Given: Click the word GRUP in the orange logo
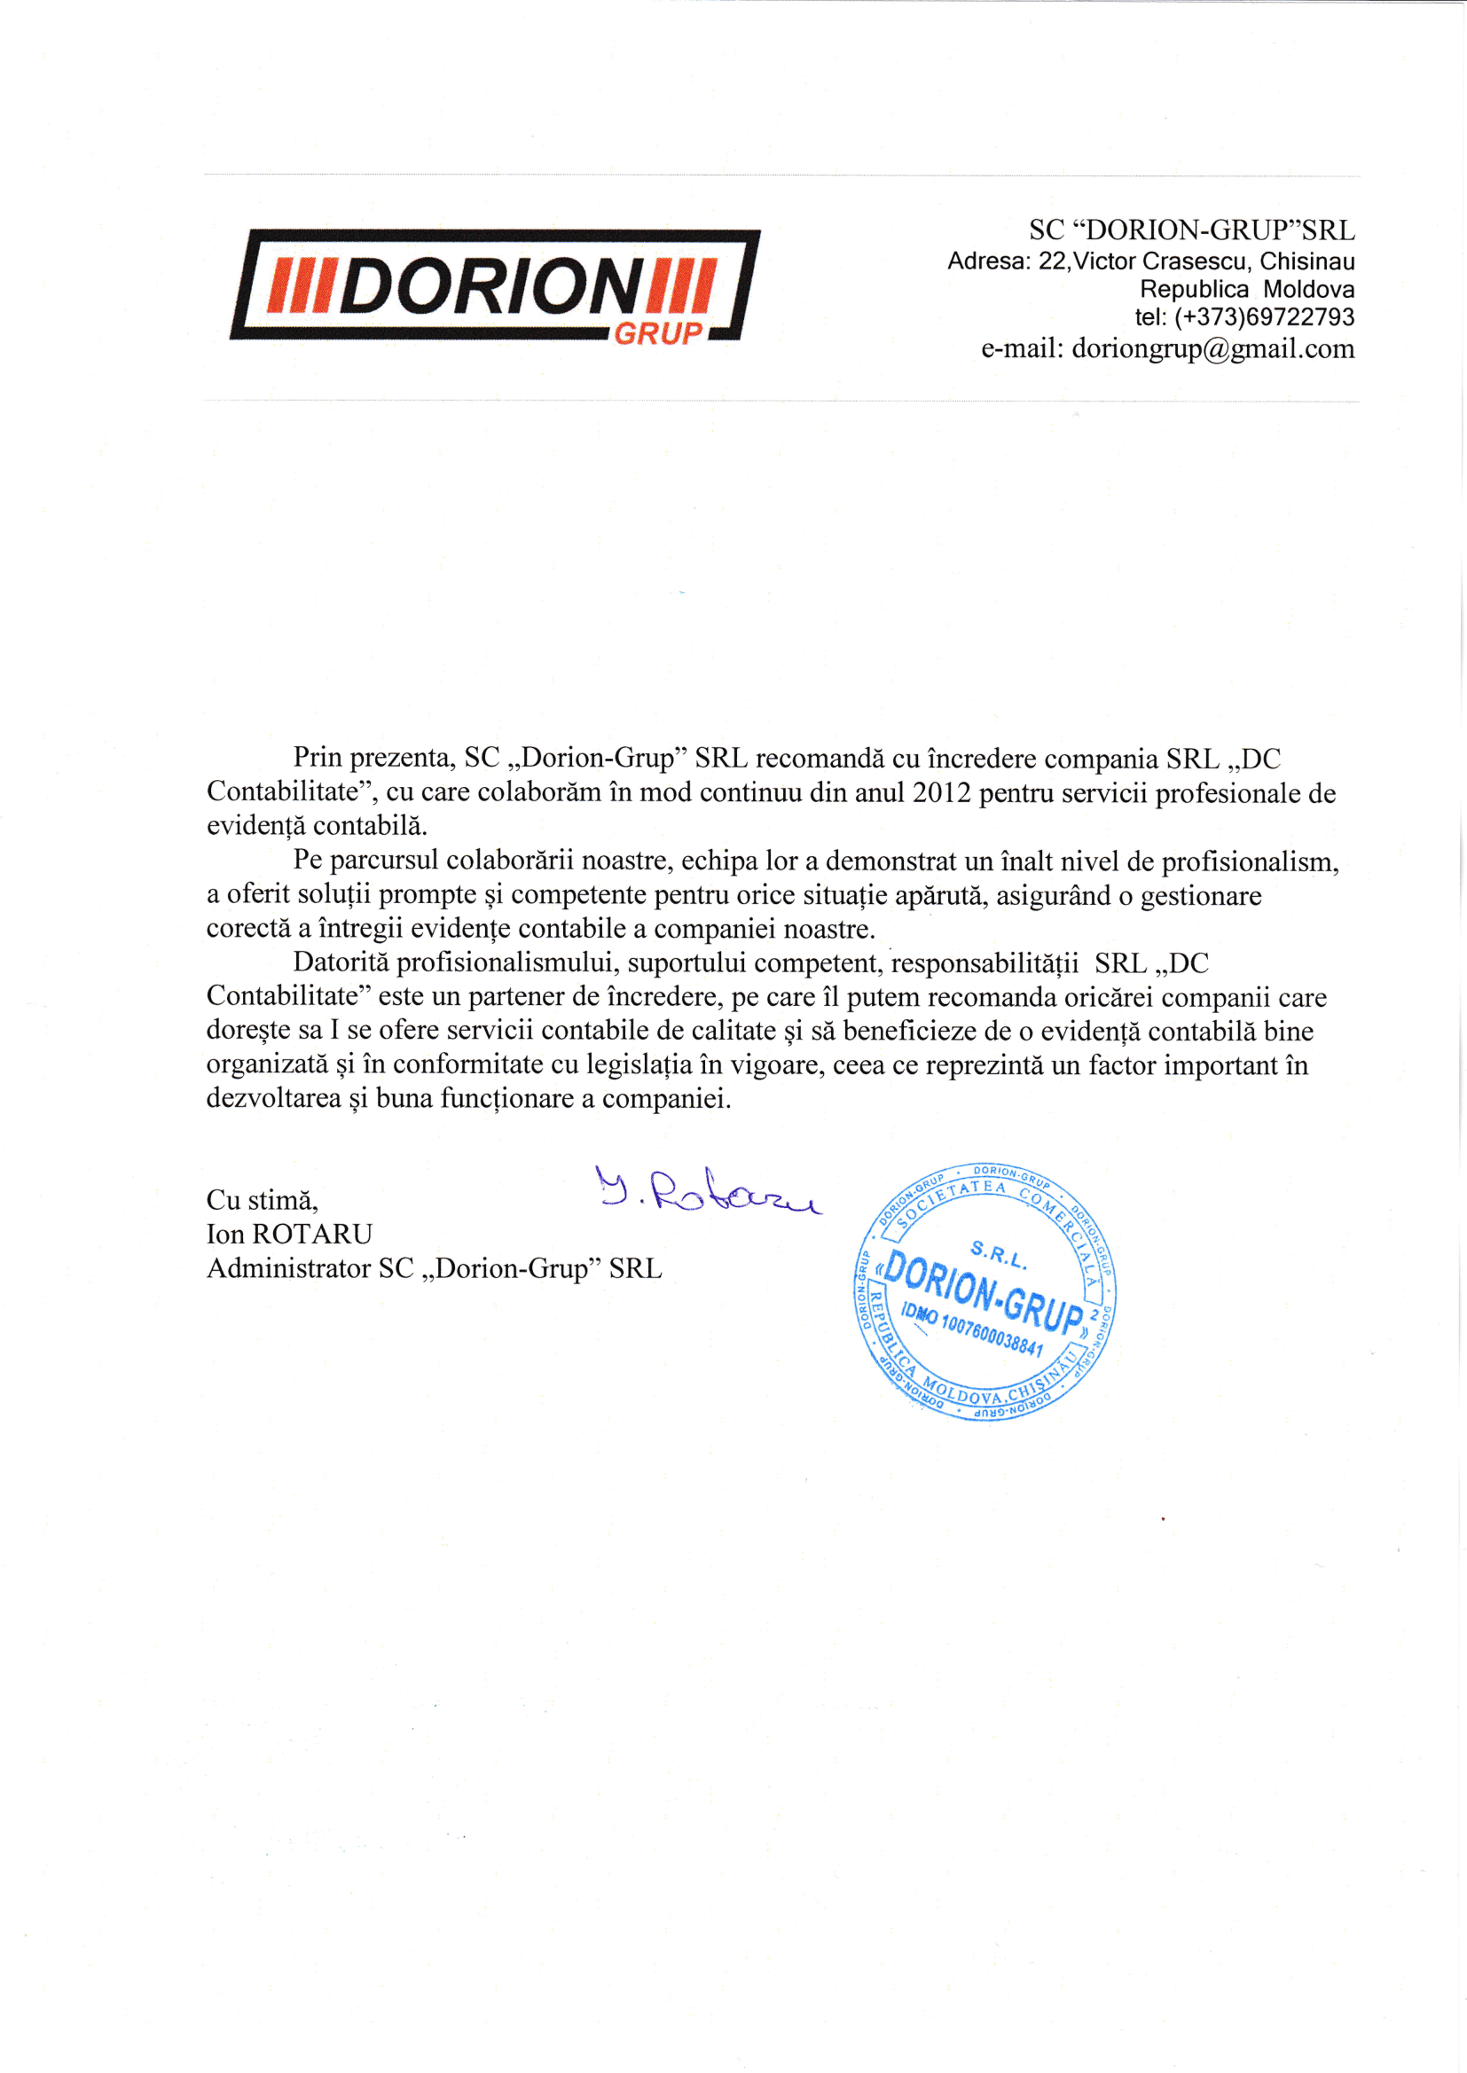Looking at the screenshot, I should click(658, 333).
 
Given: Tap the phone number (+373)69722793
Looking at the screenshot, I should click(1264, 317).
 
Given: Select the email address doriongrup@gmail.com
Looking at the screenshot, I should click(1212, 348).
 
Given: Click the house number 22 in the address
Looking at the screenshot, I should click(1052, 261).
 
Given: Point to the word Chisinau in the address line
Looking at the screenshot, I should click(1307, 261).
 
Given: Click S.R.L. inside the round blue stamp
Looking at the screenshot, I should click(997, 1254).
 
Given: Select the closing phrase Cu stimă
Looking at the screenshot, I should click(262, 1200).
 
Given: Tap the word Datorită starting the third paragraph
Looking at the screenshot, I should click(341, 962).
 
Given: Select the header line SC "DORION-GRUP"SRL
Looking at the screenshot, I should click(1191, 230).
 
